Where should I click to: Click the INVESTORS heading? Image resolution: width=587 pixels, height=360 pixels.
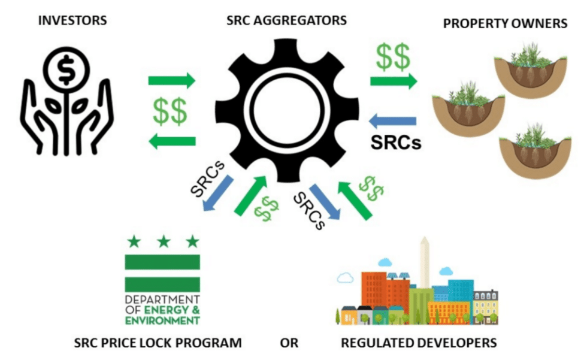72,21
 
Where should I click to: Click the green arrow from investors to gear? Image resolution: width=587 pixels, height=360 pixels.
172,80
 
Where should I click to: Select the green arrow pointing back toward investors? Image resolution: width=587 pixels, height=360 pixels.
172,141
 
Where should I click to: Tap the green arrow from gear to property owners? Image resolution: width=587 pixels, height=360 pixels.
393,81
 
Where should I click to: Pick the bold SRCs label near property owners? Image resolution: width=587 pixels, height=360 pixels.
395,143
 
